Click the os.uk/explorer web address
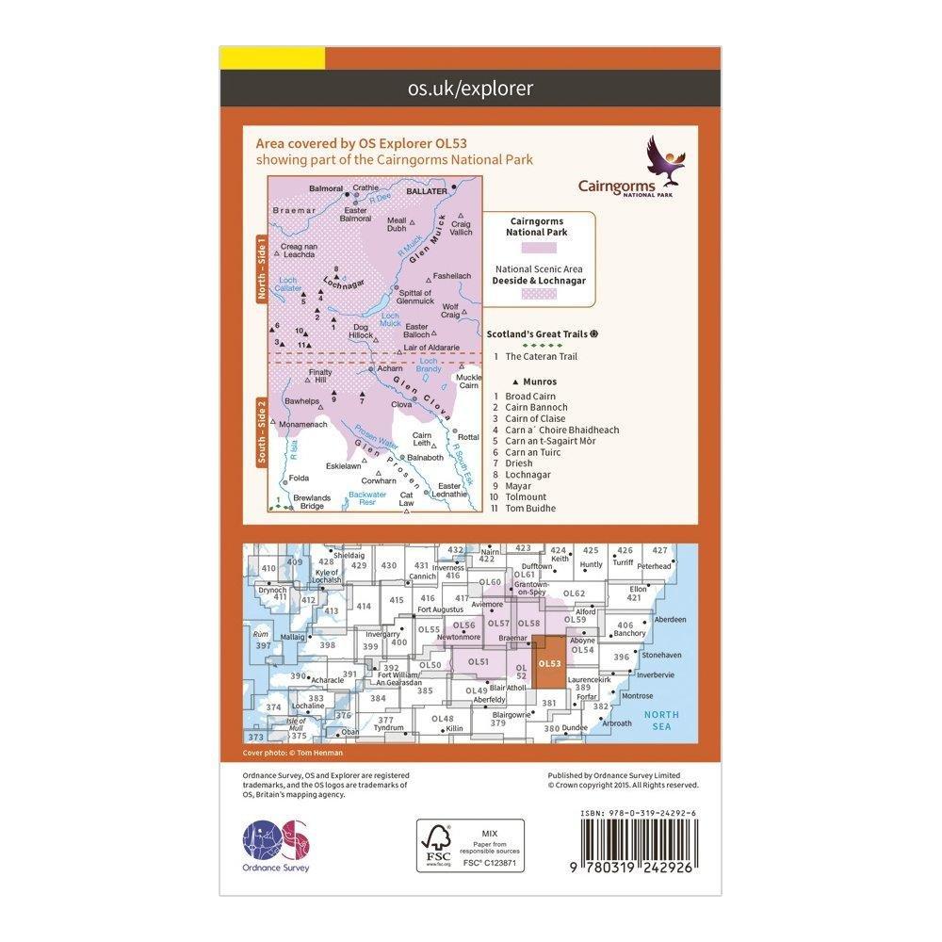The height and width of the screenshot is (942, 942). pos(470,89)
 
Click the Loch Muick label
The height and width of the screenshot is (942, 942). pos(389,319)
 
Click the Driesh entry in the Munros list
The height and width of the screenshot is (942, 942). pos(519,463)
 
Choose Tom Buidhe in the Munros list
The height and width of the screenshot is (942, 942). pos(529,508)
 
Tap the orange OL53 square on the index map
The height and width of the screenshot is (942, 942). pos(549,664)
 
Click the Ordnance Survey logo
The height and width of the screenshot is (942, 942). pos(276,843)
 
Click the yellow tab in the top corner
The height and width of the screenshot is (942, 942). pos(272,57)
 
